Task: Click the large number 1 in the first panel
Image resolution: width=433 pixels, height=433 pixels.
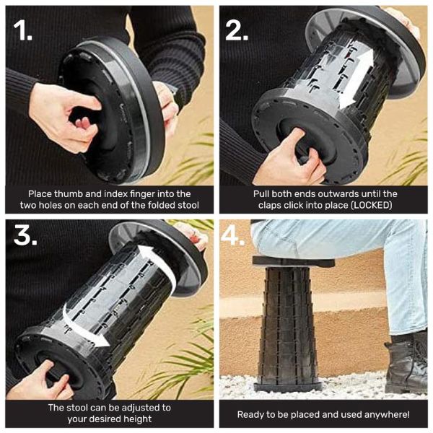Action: click(22, 30)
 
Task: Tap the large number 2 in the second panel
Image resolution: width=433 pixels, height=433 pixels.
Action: click(237, 30)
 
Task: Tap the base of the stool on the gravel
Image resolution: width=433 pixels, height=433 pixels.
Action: click(288, 387)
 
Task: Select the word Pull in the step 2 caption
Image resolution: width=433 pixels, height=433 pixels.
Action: click(261, 194)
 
